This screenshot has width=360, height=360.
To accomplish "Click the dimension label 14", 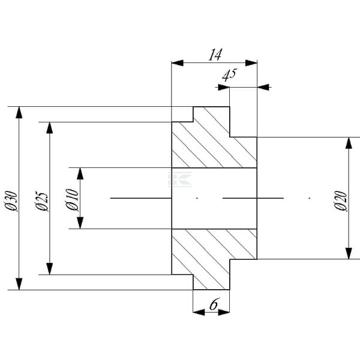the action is coord(215,55).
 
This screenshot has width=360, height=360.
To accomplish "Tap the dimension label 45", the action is coord(229,74).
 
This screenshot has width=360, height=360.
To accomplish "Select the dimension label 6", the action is coord(213,304).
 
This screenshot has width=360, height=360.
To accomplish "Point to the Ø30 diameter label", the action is coord(11,200).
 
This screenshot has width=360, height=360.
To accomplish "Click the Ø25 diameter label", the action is coord(42,200).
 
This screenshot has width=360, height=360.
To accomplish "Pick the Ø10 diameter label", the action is coord(73,199).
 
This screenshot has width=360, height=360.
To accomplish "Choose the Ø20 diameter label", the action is coord(340,200).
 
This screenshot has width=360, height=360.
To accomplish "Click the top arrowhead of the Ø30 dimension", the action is coord(19,113).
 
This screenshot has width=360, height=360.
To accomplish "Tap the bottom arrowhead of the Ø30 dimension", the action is coord(19,284).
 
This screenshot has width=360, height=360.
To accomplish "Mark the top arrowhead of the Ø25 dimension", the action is coord(50,128).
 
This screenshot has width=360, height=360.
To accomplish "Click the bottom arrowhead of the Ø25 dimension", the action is coord(50,269).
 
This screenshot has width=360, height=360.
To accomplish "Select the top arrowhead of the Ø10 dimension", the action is coord(80,173).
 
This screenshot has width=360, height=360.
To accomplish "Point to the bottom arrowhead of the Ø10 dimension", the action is coord(80,223).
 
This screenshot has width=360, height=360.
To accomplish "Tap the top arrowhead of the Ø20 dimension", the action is coord(349,143).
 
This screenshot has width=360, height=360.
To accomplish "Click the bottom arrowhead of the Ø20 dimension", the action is coord(349,253).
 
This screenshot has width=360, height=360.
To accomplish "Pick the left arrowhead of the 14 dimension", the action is coord(178,62).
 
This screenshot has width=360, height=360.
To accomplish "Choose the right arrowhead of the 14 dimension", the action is coord(251,62).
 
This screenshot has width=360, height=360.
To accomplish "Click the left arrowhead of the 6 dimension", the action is coord(199,312).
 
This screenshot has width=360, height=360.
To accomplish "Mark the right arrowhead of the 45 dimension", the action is coord(263,87).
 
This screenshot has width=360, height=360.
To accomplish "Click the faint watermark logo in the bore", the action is coord(180,179).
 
